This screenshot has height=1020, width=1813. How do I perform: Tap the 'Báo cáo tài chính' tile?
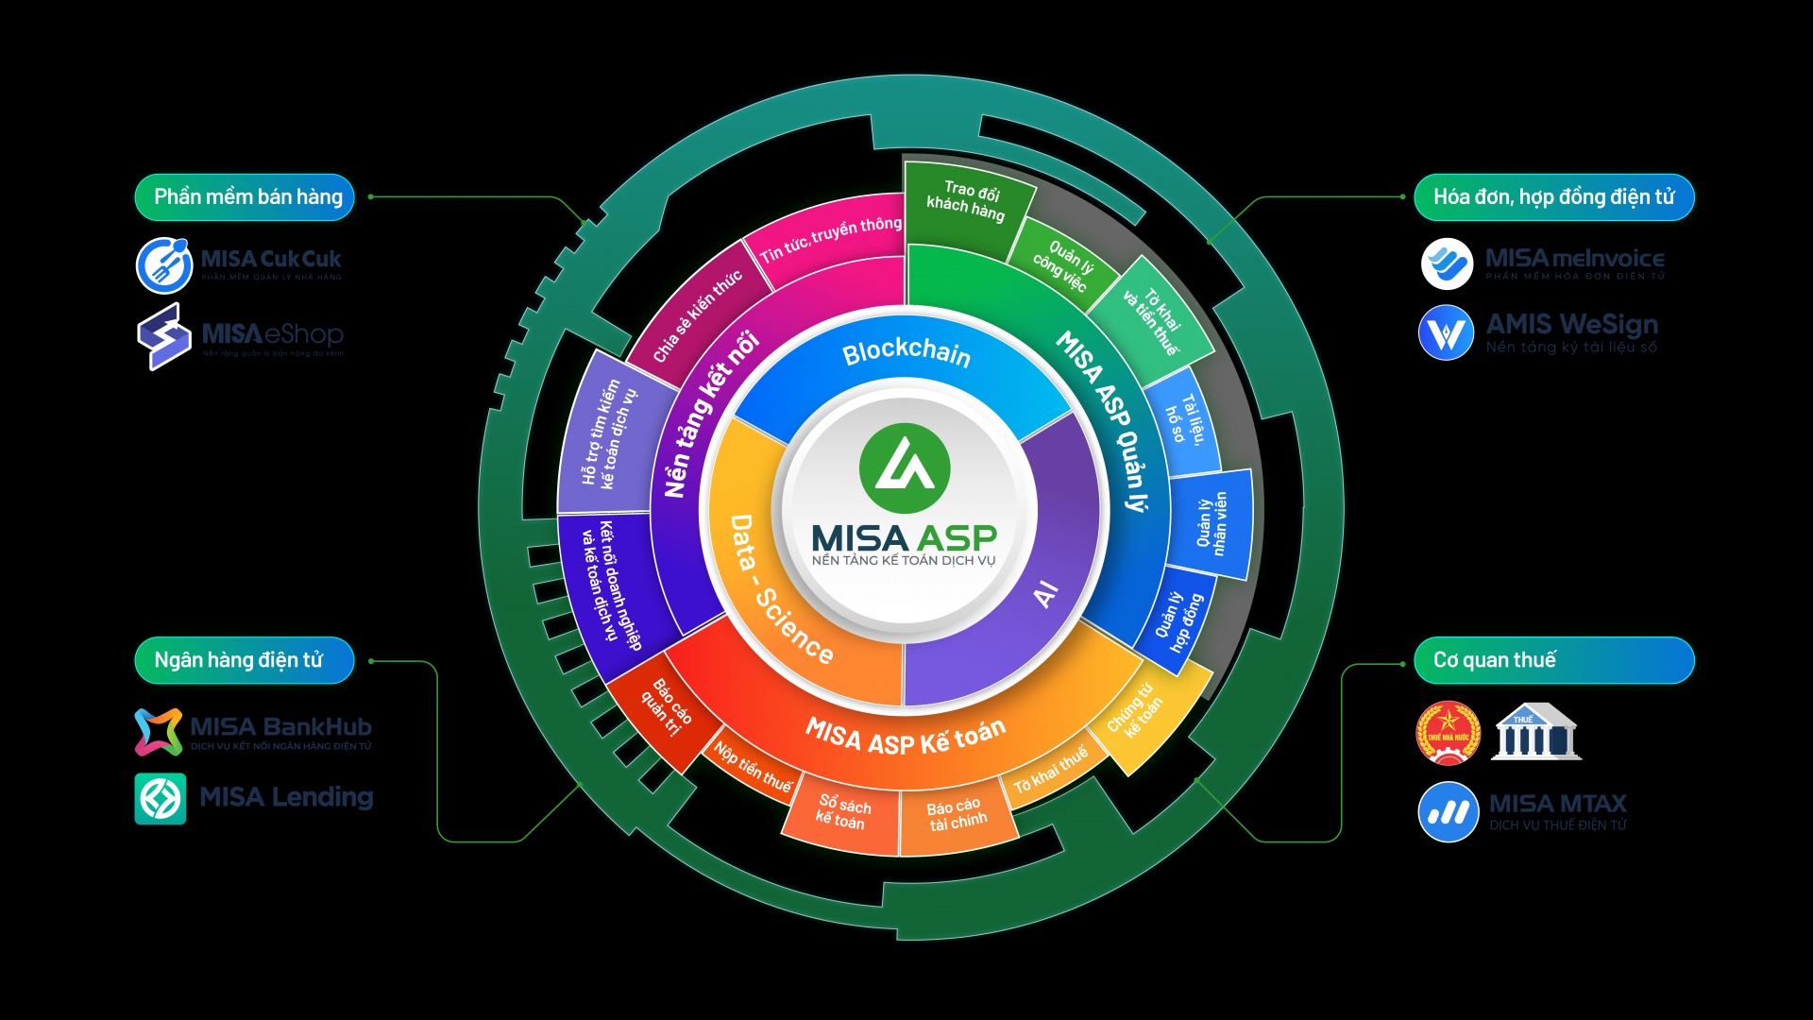[957, 814]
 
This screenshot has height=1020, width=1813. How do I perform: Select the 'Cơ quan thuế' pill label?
[1553, 660]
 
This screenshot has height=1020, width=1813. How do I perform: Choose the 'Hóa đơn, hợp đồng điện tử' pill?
[1553, 197]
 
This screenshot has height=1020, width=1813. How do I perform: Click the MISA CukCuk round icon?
[164, 265]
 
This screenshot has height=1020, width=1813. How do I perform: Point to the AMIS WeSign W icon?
[1446, 332]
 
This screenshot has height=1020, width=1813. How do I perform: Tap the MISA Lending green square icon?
[161, 798]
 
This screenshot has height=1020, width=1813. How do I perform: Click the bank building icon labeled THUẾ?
[1535, 732]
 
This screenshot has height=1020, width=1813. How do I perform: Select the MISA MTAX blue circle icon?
[1448, 811]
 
